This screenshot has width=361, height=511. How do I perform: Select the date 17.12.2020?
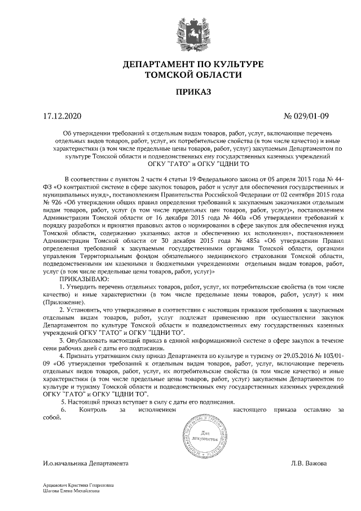click(63, 117)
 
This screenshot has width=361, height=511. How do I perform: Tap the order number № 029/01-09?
click(309, 117)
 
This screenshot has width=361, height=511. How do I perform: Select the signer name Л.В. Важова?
click(309, 464)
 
